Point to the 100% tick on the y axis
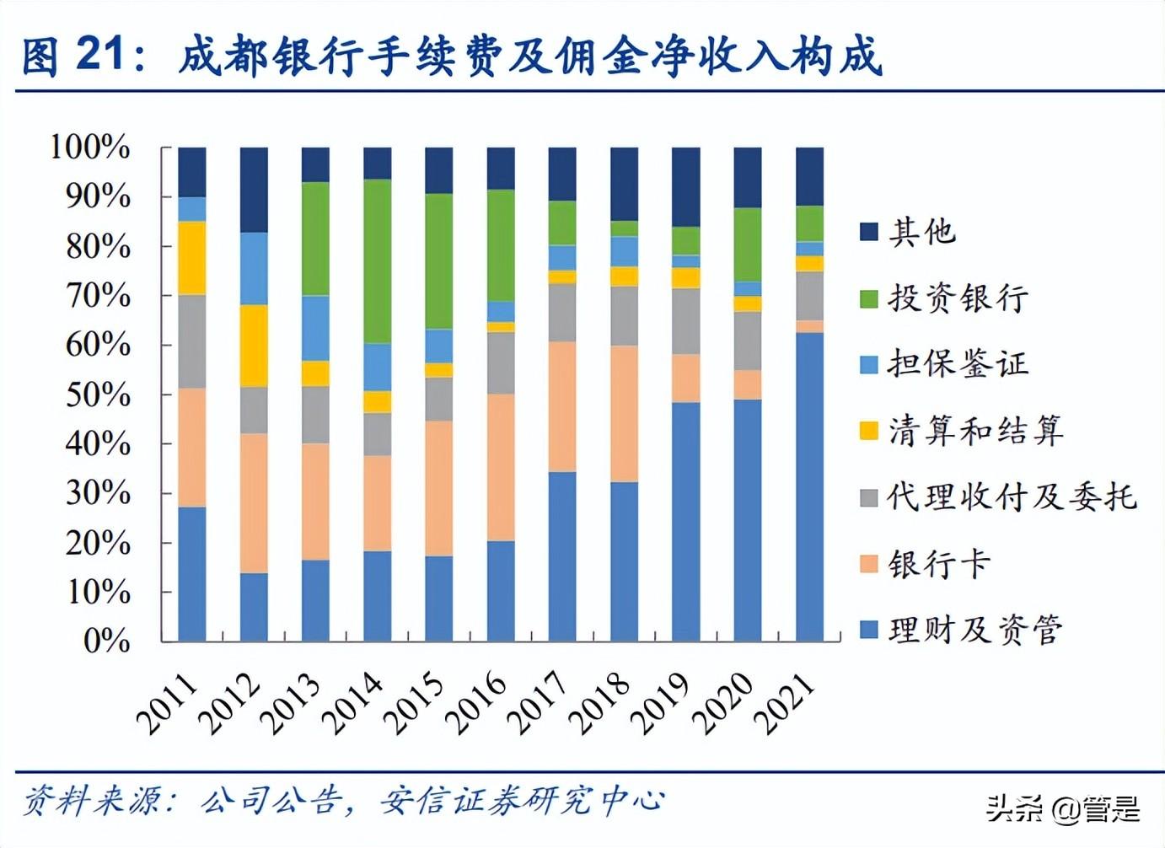pyautogui.click(x=90, y=148)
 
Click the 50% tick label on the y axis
pyautogui.click(x=99, y=394)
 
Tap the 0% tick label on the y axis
pyautogui.click(x=107, y=641)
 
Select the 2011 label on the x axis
pyautogui.click(x=168, y=703)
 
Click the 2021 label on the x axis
pyautogui.click(x=786, y=703)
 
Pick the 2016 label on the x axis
pyautogui.click(x=476, y=703)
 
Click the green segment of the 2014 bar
pyautogui.click(x=377, y=261)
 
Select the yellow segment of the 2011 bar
pyautogui.click(x=192, y=258)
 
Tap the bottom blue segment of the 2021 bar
pyautogui.click(x=809, y=487)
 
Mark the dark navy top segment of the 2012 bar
pyautogui.click(x=254, y=190)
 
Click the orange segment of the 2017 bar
pyautogui.click(x=562, y=406)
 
